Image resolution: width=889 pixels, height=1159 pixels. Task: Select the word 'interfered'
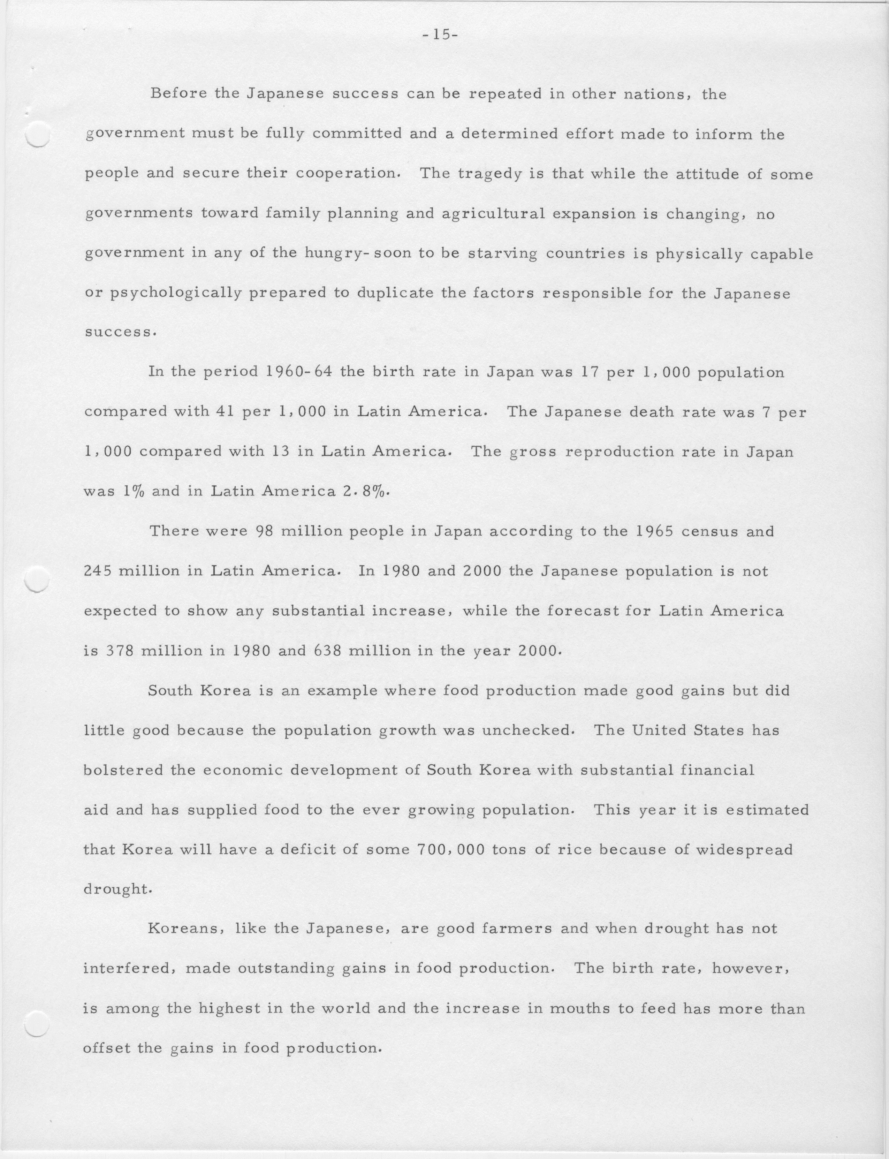[x=126, y=969]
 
